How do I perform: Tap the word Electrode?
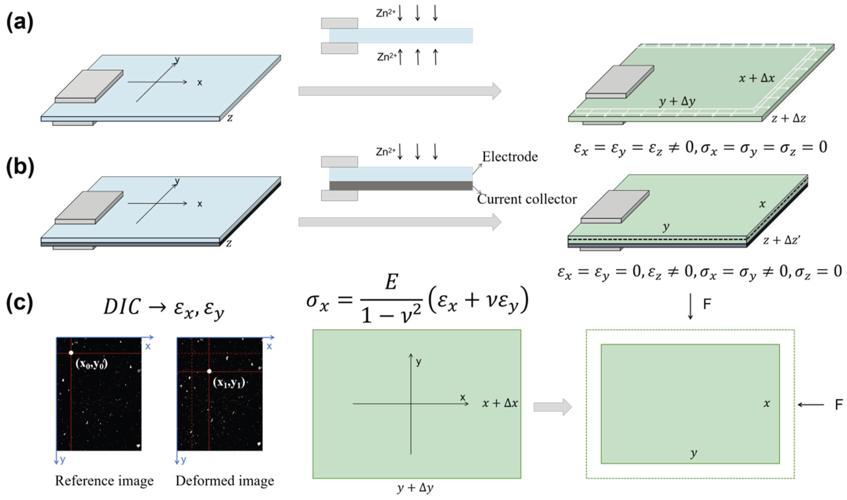click(510, 157)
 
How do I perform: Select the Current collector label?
click(527, 199)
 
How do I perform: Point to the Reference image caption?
click(104, 481)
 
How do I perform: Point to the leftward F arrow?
click(811, 405)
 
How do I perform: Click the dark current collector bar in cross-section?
click(401, 186)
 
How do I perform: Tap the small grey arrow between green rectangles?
click(552, 407)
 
